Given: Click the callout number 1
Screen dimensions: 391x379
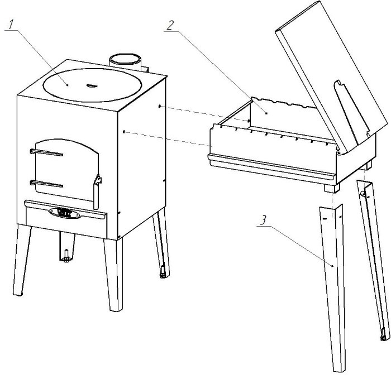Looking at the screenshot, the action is [x=11, y=25].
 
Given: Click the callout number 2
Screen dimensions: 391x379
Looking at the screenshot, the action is [x=170, y=26].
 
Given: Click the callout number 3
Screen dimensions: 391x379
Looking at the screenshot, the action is [x=263, y=220].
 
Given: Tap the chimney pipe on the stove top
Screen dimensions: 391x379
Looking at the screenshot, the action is [x=125, y=62].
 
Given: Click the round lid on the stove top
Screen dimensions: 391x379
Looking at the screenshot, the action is [x=92, y=85].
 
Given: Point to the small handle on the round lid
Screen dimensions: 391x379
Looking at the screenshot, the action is [x=90, y=86].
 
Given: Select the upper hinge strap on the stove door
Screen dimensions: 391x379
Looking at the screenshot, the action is [x=46, y=152].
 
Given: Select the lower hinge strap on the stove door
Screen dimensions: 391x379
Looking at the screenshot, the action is [x=46, y=184].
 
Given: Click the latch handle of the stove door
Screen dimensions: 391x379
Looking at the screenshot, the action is [x=97, y=191].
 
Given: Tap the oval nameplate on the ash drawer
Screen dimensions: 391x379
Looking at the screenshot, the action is [x=65, y=213].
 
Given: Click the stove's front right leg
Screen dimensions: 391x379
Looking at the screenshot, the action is [x=114, y=274].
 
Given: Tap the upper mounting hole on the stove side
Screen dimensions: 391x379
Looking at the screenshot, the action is [x=160, y=107].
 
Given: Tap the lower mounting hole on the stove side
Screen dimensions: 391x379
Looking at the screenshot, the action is [x=124, y=132].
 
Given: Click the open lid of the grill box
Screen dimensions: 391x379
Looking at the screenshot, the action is [x=332, y=75].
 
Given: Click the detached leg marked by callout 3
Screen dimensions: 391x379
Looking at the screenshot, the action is [x=332, y=286].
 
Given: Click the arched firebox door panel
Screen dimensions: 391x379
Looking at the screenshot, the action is [x=67, y=170].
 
